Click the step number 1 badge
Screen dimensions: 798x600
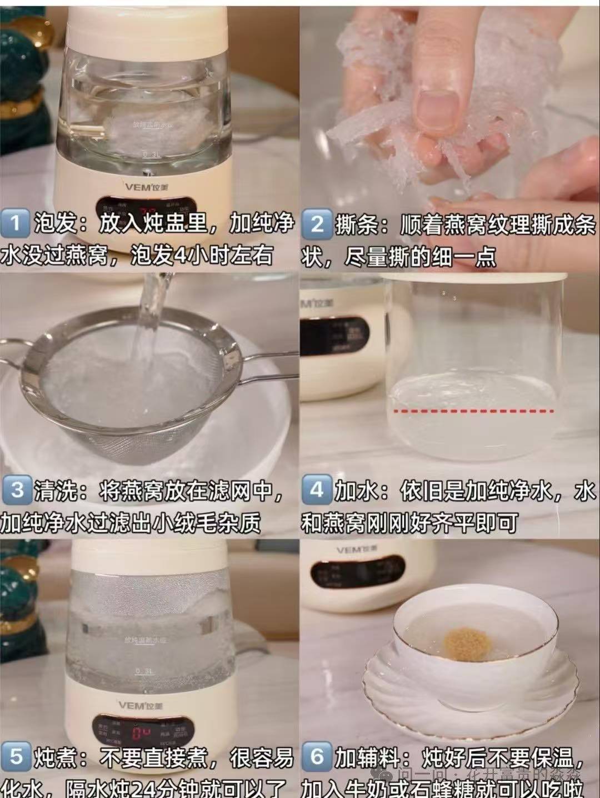tap(16, 223)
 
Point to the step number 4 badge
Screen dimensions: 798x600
tap(317, 490)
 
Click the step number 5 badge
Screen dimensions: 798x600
tap(16, 757)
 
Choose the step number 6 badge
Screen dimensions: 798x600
tap(317, 757)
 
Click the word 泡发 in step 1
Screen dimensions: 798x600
tap(56, 223)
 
